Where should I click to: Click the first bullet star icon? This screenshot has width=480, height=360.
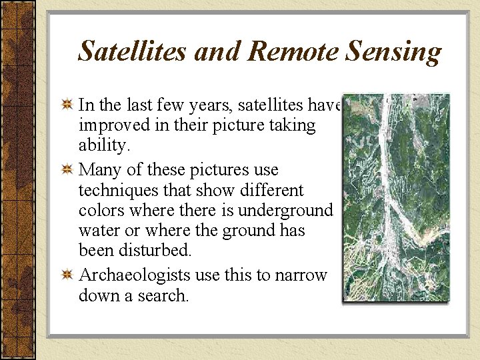[x=67, y=105]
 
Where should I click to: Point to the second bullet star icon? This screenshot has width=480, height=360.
[x=67, y=169]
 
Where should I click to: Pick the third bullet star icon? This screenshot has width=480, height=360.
[x=67, y=275]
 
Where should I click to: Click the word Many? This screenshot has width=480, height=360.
[x=98, y=170]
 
